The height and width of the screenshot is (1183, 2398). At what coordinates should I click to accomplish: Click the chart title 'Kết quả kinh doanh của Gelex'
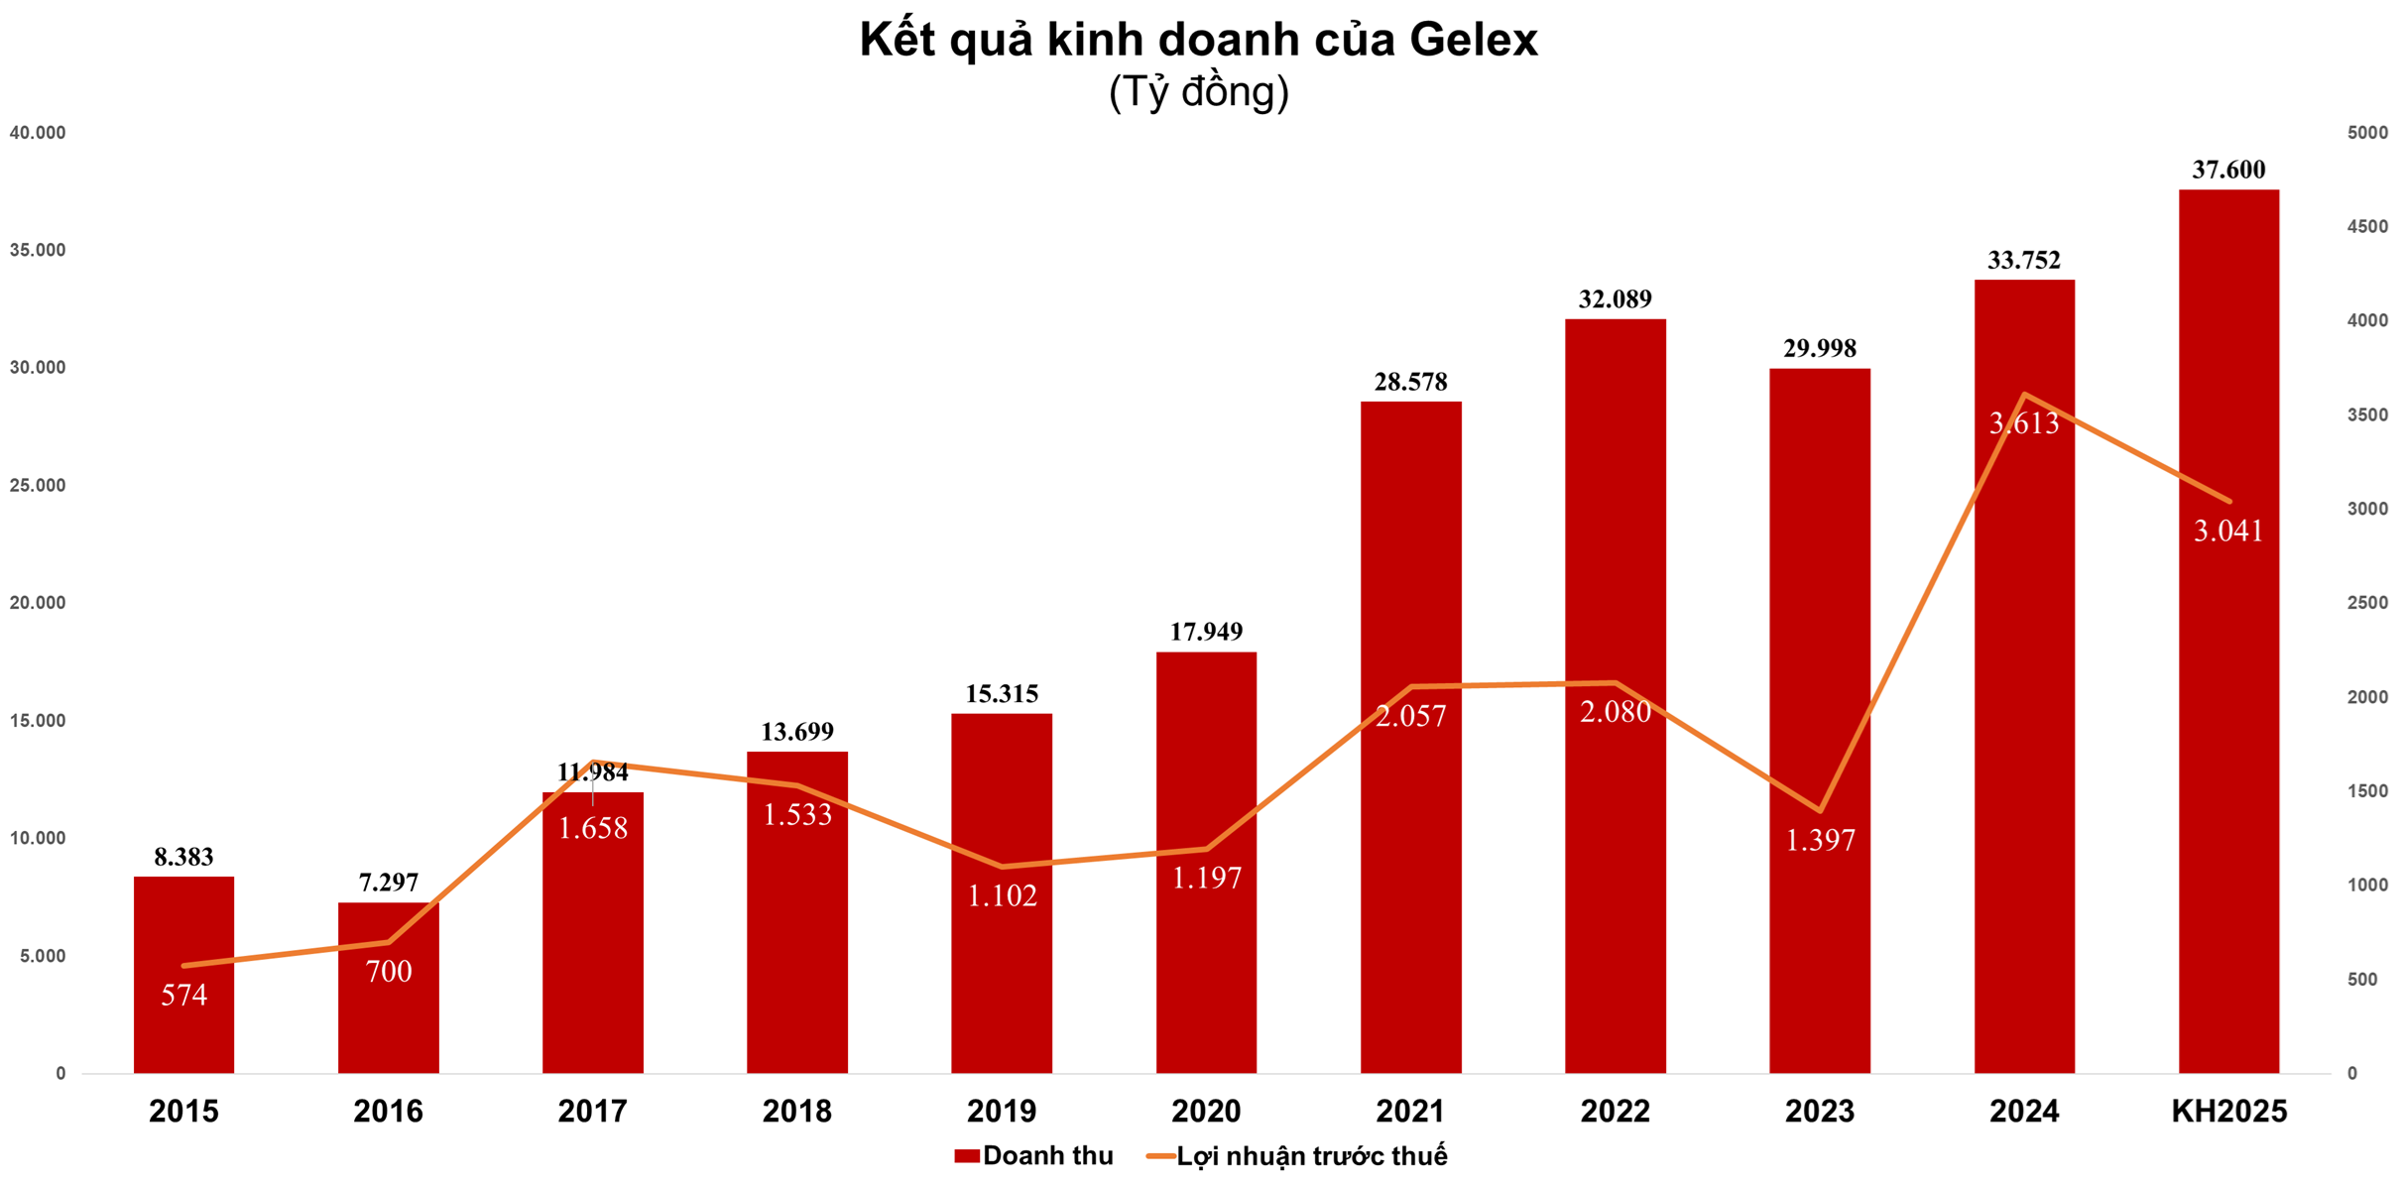point(1198,40)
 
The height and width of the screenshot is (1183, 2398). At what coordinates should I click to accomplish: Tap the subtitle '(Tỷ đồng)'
point(1198,92)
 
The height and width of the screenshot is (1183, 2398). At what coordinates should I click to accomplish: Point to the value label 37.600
point(2228,170)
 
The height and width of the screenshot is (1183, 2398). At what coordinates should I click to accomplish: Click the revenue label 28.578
point(1410,382)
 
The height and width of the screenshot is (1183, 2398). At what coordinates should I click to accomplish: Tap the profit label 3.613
point(2024,423)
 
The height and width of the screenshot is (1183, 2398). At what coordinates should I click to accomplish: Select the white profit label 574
point(183,995)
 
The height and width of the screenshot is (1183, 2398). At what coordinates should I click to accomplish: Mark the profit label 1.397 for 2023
point(1820,841)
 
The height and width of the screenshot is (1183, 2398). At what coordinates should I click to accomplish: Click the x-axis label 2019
point(1002,1112)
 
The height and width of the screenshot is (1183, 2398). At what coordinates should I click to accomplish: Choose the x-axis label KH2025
point(2228,1112)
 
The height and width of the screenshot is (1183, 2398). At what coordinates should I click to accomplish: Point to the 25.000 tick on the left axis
point(38,486)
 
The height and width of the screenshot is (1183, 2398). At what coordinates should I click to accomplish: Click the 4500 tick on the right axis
point(2367,227)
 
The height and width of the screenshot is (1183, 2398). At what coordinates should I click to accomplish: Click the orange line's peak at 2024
point(2024,395)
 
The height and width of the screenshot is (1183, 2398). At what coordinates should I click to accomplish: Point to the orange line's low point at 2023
point(1820,811)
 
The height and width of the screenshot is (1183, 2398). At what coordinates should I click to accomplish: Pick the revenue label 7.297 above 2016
point(388,883)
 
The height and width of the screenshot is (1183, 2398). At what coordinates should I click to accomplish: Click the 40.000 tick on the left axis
point(38,133)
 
